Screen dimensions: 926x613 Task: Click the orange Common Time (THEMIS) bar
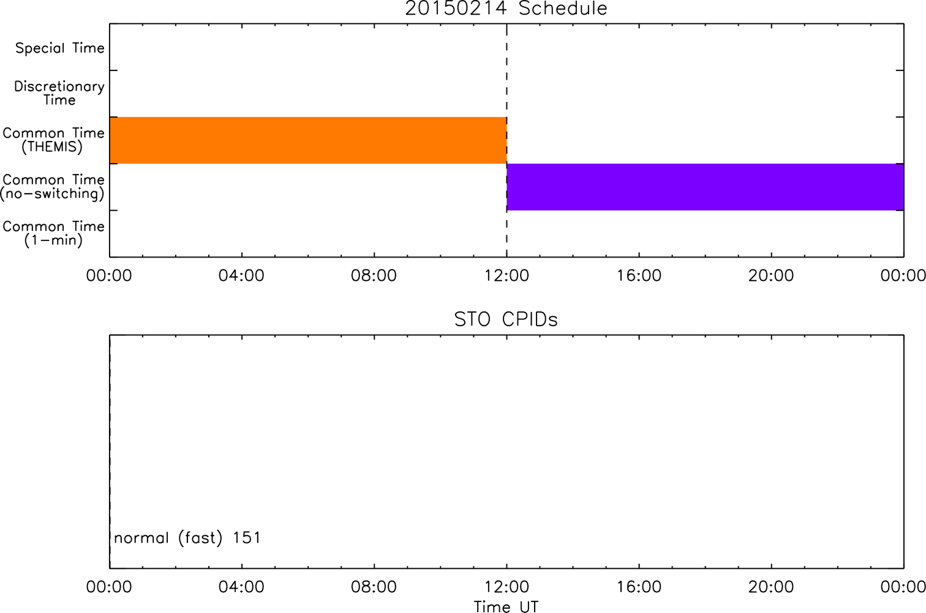(308, 140)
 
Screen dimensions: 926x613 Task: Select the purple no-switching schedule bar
(706, 187)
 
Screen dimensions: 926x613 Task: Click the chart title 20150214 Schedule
(506, 9)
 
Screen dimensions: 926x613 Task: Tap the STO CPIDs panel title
(506, 319)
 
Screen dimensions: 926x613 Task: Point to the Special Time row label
(60, 48)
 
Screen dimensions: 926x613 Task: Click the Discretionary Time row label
(59, 93)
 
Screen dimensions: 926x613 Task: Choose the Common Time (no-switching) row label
(53, 187)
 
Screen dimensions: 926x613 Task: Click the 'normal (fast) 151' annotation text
(187, 538)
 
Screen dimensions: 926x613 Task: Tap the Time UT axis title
(506, 606)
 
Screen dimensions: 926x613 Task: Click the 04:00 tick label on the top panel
(241, 276)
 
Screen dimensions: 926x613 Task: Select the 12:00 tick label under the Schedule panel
(506, 276)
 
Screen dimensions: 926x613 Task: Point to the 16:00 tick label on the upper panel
(639, 276)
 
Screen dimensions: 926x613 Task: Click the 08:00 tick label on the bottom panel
(374, 587)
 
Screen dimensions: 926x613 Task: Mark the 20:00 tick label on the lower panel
(772, 587)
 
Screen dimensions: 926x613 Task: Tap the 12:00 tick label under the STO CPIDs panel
(506, 587)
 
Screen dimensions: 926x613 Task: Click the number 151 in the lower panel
(247, 538)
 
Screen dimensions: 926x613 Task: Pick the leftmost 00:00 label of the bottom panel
(109, 587)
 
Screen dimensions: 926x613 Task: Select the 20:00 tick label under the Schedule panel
(772, 276)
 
